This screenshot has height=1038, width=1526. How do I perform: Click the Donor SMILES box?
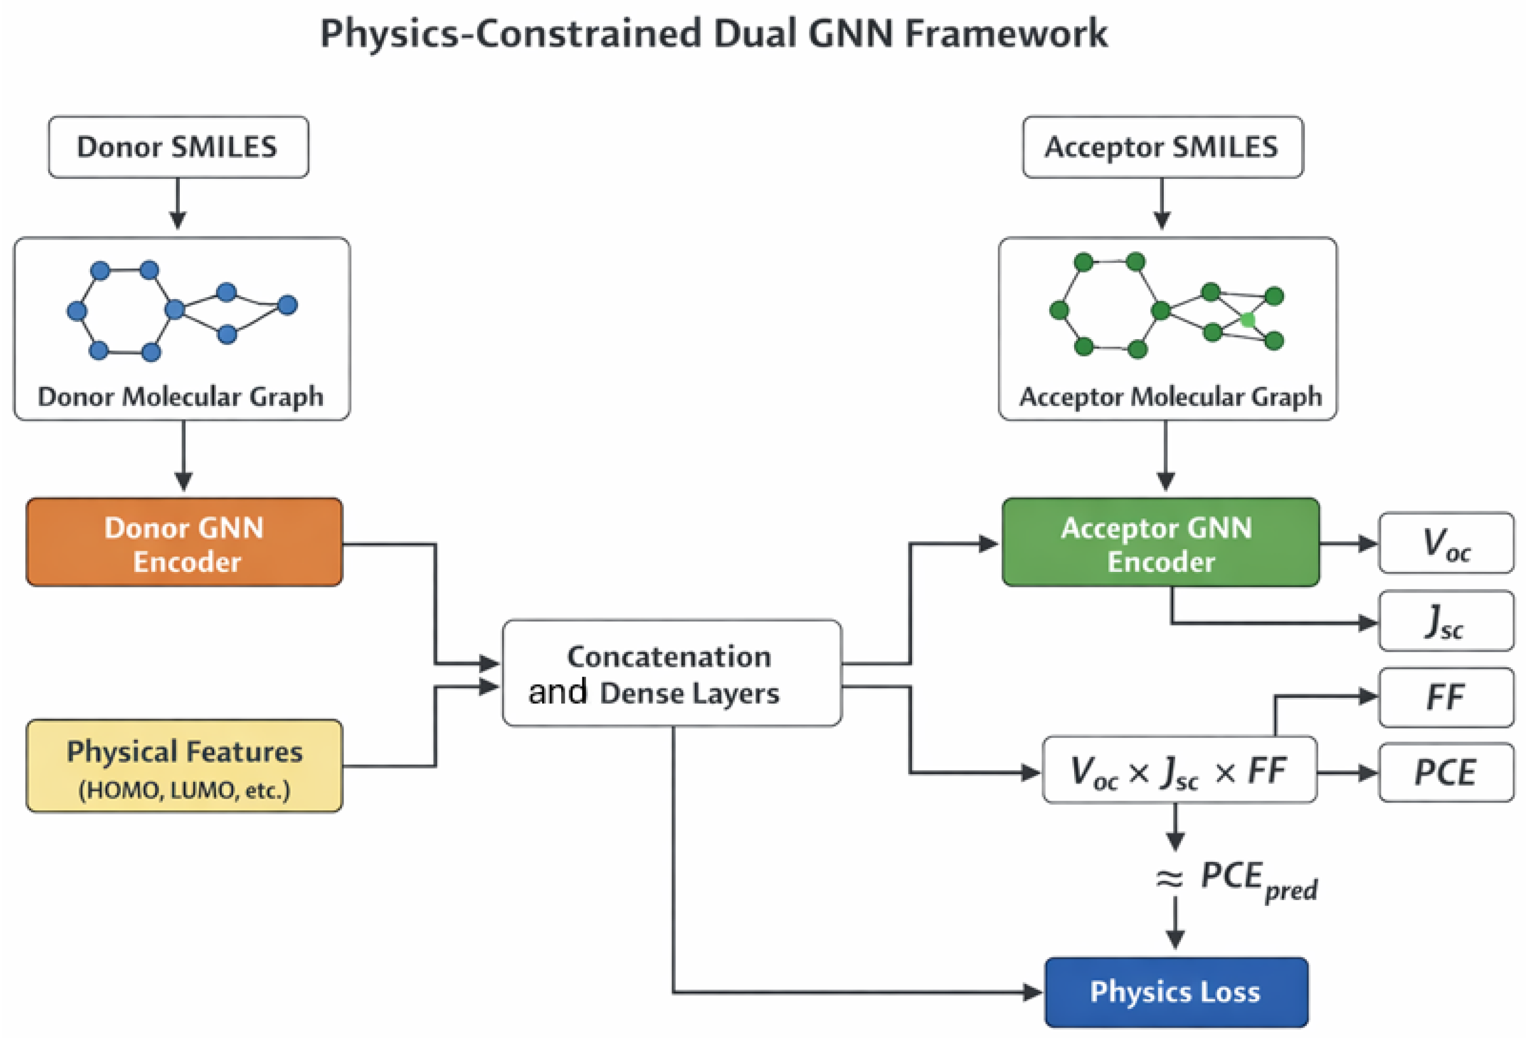coord(178,147)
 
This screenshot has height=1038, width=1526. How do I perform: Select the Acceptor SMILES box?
coord(1162,147)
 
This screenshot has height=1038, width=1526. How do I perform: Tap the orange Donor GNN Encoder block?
coord(184,542)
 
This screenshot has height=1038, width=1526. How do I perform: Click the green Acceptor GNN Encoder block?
coord(1160,542)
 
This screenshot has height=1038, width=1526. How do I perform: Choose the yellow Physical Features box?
coord(184,765)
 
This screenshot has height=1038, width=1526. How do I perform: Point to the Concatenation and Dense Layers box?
coord(672,672)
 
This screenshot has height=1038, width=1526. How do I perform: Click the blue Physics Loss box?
coord(1176,992)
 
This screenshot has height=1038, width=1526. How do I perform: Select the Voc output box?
coord(1446,543)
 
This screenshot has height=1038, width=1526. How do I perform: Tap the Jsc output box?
coord(1446,621)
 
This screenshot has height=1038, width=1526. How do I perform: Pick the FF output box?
coord(1446,697)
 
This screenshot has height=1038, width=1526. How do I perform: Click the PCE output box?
coord(1446,772)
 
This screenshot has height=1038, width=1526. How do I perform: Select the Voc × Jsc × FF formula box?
coord(1179,769)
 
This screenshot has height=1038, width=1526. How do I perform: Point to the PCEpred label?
coord(1258,880)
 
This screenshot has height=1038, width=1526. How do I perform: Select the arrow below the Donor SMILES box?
coord(178,203)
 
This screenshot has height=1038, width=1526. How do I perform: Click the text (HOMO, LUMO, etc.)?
coord(184,790)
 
